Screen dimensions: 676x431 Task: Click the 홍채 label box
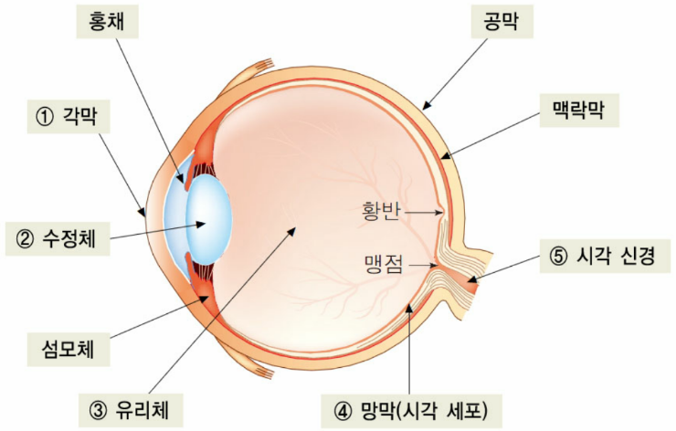click(108, 22)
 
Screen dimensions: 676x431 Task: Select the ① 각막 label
click(69, 116)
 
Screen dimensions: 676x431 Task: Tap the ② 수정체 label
click(58, 238)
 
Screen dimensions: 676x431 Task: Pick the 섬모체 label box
click(69, 350)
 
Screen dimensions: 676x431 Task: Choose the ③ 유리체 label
click(131, 410)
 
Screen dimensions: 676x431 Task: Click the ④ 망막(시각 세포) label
click(412, 411)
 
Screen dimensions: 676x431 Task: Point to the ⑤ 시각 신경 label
click(605, 256)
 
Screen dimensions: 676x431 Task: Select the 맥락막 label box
click(579, 110)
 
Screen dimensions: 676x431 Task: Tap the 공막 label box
click(502, 22)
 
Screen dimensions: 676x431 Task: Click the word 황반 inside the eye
click(382, 212)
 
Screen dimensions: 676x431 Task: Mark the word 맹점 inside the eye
click(384, 264)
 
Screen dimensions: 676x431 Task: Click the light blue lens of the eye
click(209, 219)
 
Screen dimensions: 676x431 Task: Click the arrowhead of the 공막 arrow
click(426, 106)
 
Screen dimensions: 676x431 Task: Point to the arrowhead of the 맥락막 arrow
click(445, 156)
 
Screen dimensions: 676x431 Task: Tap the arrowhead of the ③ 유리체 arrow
click(292, 231)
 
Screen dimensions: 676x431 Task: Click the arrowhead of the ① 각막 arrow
click(143, 211)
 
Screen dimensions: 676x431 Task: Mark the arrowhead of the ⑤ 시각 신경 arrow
click(473, 279)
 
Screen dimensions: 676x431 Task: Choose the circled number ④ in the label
click(343, 411)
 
